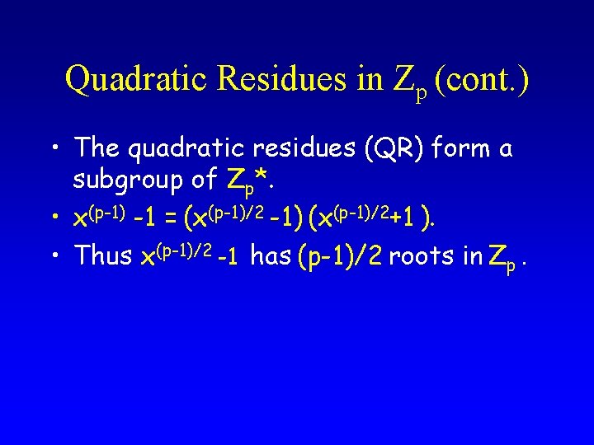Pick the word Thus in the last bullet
pyautogui.click(x=103, y=255)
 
